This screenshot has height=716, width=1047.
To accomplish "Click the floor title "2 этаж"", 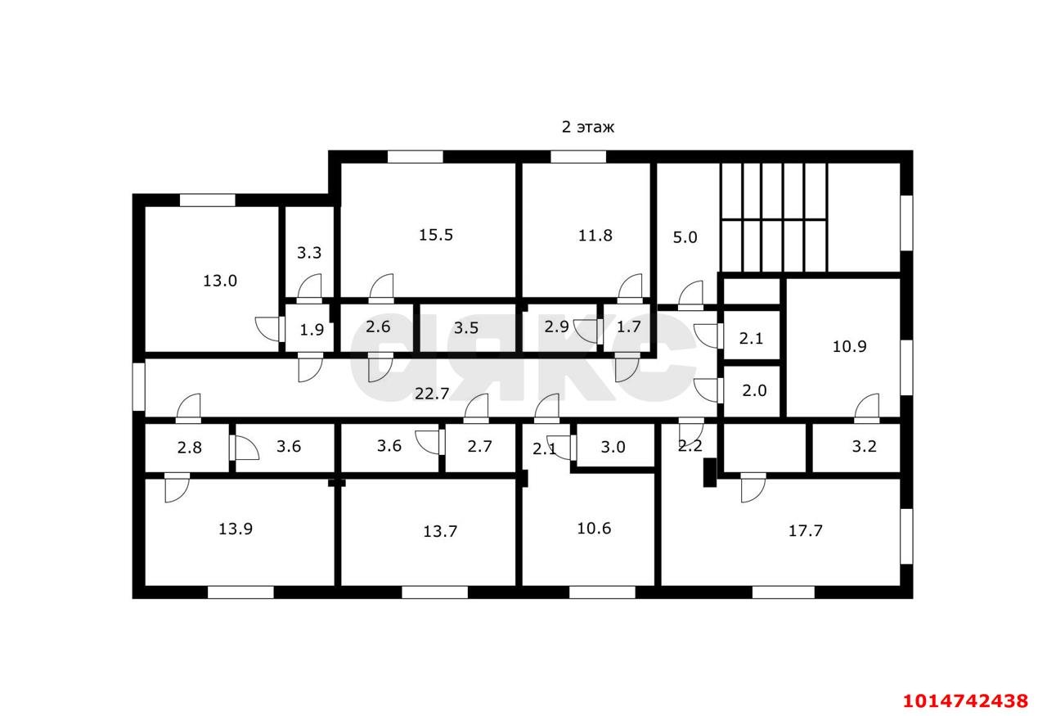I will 587,127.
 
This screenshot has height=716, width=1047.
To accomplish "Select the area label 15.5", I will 435,235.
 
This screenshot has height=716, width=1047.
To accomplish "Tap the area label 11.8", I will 595,236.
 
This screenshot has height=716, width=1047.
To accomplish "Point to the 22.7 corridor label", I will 432,394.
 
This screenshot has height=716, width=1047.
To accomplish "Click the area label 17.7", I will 805,530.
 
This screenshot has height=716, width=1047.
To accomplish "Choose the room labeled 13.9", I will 236,529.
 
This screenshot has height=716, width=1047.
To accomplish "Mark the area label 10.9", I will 849,346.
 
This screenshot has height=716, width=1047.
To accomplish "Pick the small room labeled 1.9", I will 312,330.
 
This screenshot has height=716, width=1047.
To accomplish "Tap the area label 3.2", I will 864,447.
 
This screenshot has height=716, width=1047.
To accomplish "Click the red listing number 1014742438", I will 965,701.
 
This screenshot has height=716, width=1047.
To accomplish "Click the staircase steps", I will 774,217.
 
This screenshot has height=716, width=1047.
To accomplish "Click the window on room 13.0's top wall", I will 207,200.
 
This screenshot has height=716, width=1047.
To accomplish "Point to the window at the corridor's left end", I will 138,386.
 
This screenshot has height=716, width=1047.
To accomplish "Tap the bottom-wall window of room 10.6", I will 602,592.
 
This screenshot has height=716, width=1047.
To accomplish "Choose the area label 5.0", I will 685,237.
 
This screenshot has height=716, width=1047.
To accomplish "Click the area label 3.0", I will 613,447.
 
